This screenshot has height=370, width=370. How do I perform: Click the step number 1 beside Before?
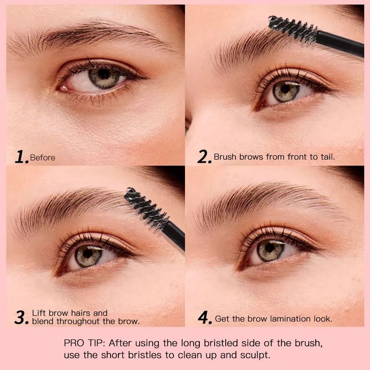click(x=21, y=157)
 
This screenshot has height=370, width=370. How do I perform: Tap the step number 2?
click(x=204, y=157)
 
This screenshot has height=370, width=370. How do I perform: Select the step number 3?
click(x=21, y=317)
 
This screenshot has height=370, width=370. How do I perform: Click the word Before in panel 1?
click(x=43, y=158)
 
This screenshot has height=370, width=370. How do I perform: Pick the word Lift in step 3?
click(x=39, y=313)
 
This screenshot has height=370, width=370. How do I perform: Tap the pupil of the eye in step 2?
click(x=285, y=88)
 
